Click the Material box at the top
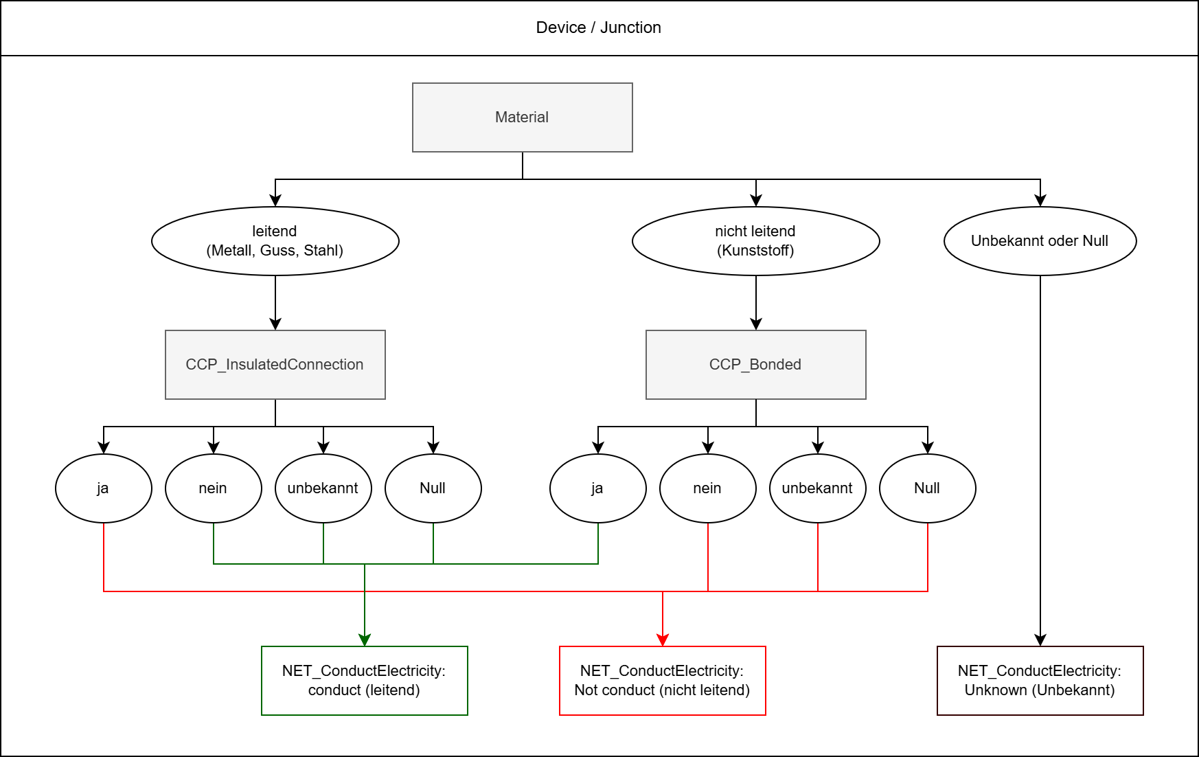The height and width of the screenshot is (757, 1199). coord(522,117)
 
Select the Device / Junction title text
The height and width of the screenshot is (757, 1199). coord(598,27)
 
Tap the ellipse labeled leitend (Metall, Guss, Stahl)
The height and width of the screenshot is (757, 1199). coord(275,241)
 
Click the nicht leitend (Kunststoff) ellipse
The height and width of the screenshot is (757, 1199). coord(755,241)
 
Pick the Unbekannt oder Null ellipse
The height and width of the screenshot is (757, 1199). coord(1040,241)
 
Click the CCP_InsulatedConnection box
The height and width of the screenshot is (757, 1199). coord(275,365)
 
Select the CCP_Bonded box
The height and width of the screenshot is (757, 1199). coord(755,365)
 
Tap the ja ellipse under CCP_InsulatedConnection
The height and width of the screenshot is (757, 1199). coord(103,488)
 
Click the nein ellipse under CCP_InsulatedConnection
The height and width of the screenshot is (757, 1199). coord(213,488)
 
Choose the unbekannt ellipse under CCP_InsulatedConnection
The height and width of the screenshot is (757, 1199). coord(323,488)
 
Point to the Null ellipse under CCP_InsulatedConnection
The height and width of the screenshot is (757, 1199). coord(433,488)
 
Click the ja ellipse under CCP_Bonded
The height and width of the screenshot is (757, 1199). coord(597,488)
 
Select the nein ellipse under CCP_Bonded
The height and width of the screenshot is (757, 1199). coord(707,488)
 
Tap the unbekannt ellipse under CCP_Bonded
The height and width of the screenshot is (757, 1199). coord(817,488)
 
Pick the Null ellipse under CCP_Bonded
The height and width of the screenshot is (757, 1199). coord(927,488)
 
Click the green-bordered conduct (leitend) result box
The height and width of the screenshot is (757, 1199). coord(364,681)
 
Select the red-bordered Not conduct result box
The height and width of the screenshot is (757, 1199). coord(662,681)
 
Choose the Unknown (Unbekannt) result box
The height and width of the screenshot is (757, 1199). coord(1040,681)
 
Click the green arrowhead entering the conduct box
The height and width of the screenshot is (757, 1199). coord(365,640)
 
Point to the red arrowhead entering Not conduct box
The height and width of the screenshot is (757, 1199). coord(663,640)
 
